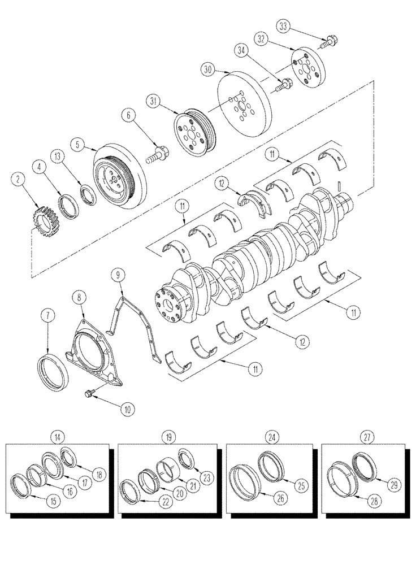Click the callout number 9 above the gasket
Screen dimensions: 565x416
tap(118, 275)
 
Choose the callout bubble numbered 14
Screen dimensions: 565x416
tap(57, 436)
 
